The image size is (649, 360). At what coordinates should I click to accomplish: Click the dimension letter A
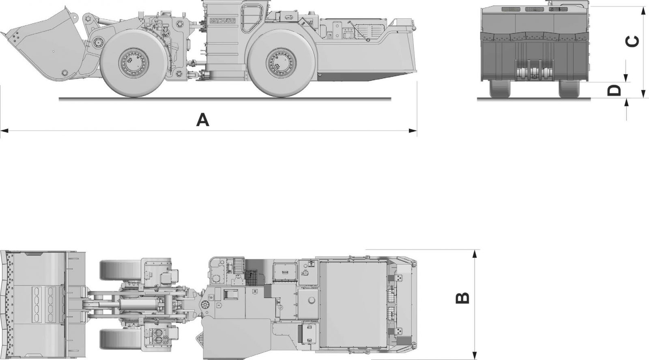[202, 120]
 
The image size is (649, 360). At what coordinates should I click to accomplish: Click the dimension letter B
[463, 298]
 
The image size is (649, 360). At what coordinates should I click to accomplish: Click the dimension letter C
[633, 41]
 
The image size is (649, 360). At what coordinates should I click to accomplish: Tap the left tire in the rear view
[500, 89]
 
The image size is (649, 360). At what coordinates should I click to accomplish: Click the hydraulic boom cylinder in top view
[134, 304]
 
